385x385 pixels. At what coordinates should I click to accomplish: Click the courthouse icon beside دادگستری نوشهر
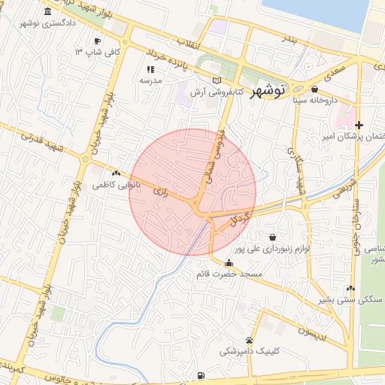(49, 12)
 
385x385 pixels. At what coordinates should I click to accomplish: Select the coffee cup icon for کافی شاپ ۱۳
(97, 41)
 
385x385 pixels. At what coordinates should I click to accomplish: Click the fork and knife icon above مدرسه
(149, 68)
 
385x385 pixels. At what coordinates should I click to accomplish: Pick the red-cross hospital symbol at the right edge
(359, 125)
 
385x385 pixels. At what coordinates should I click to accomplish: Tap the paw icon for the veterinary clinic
(249, 341)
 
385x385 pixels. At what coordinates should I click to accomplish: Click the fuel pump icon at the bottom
(200, 375)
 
